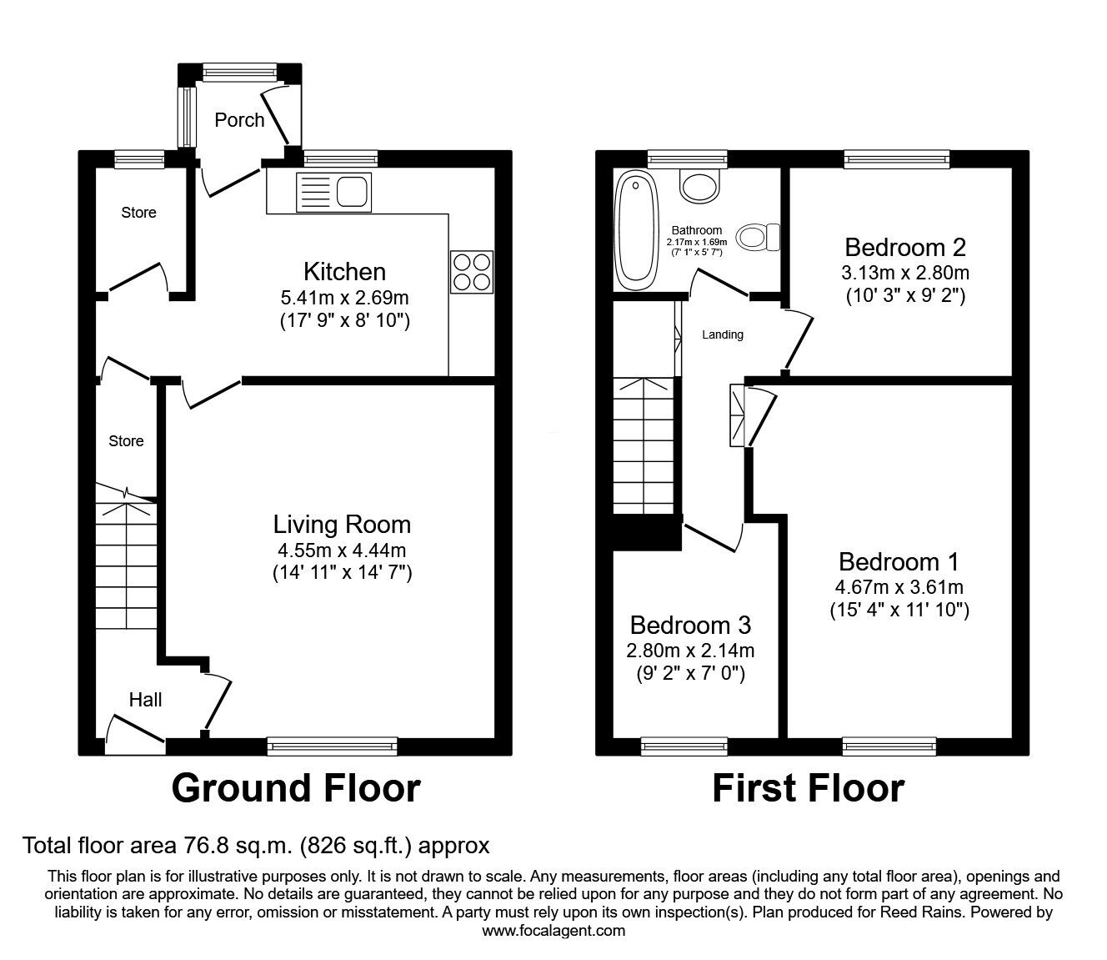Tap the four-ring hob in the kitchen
pyautogui.click(x=472, y=272)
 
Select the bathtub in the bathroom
pyautogui.click(x=636, y=228)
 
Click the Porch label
pyautogui.click(x=239, y=120)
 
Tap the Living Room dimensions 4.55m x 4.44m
pyautogui.click(x=342, y=550)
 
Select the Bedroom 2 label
pyautogui.click(x=904, y=247)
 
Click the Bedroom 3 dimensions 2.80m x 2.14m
pyautogui.click(x=690, y=651)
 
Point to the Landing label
pyautogui.click(x=722, y=334)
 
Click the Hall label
pyautogui.click(x=145, y=700)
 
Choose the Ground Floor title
pyautogui.click(x=296, y=788)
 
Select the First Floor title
pyautogui.click(x=808, y=788)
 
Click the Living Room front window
pyautogui.click(x=332, y=746)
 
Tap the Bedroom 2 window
pyautogui.click(x=896, y=158)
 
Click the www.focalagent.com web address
pyautogui.click(x=553, y=931)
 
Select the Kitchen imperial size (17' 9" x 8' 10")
pyautogui.click(x=344, y=321)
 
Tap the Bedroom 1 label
pyautogui.click(x=899, y=561)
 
